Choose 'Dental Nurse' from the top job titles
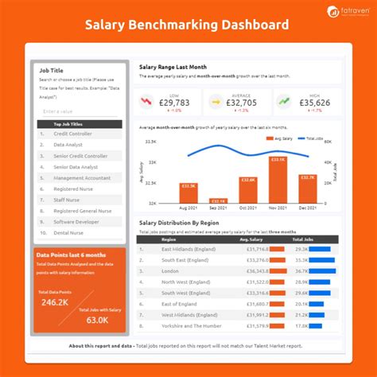(x=69, y=233)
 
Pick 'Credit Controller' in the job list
(x=73, y=134)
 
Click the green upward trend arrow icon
(x=284, y=102)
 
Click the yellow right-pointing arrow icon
(x=215, y=102)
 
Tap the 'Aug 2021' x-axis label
(x=188, y=208)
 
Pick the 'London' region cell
(x=171, y=270)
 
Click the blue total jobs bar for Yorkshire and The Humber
(x=318, y=325)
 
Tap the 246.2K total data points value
(x=54, y=302)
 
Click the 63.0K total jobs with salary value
(x=97, y=320)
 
